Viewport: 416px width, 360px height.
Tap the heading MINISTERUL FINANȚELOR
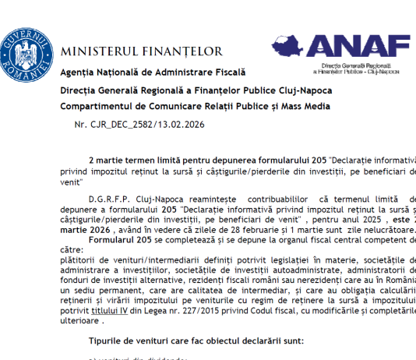[141, 52]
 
